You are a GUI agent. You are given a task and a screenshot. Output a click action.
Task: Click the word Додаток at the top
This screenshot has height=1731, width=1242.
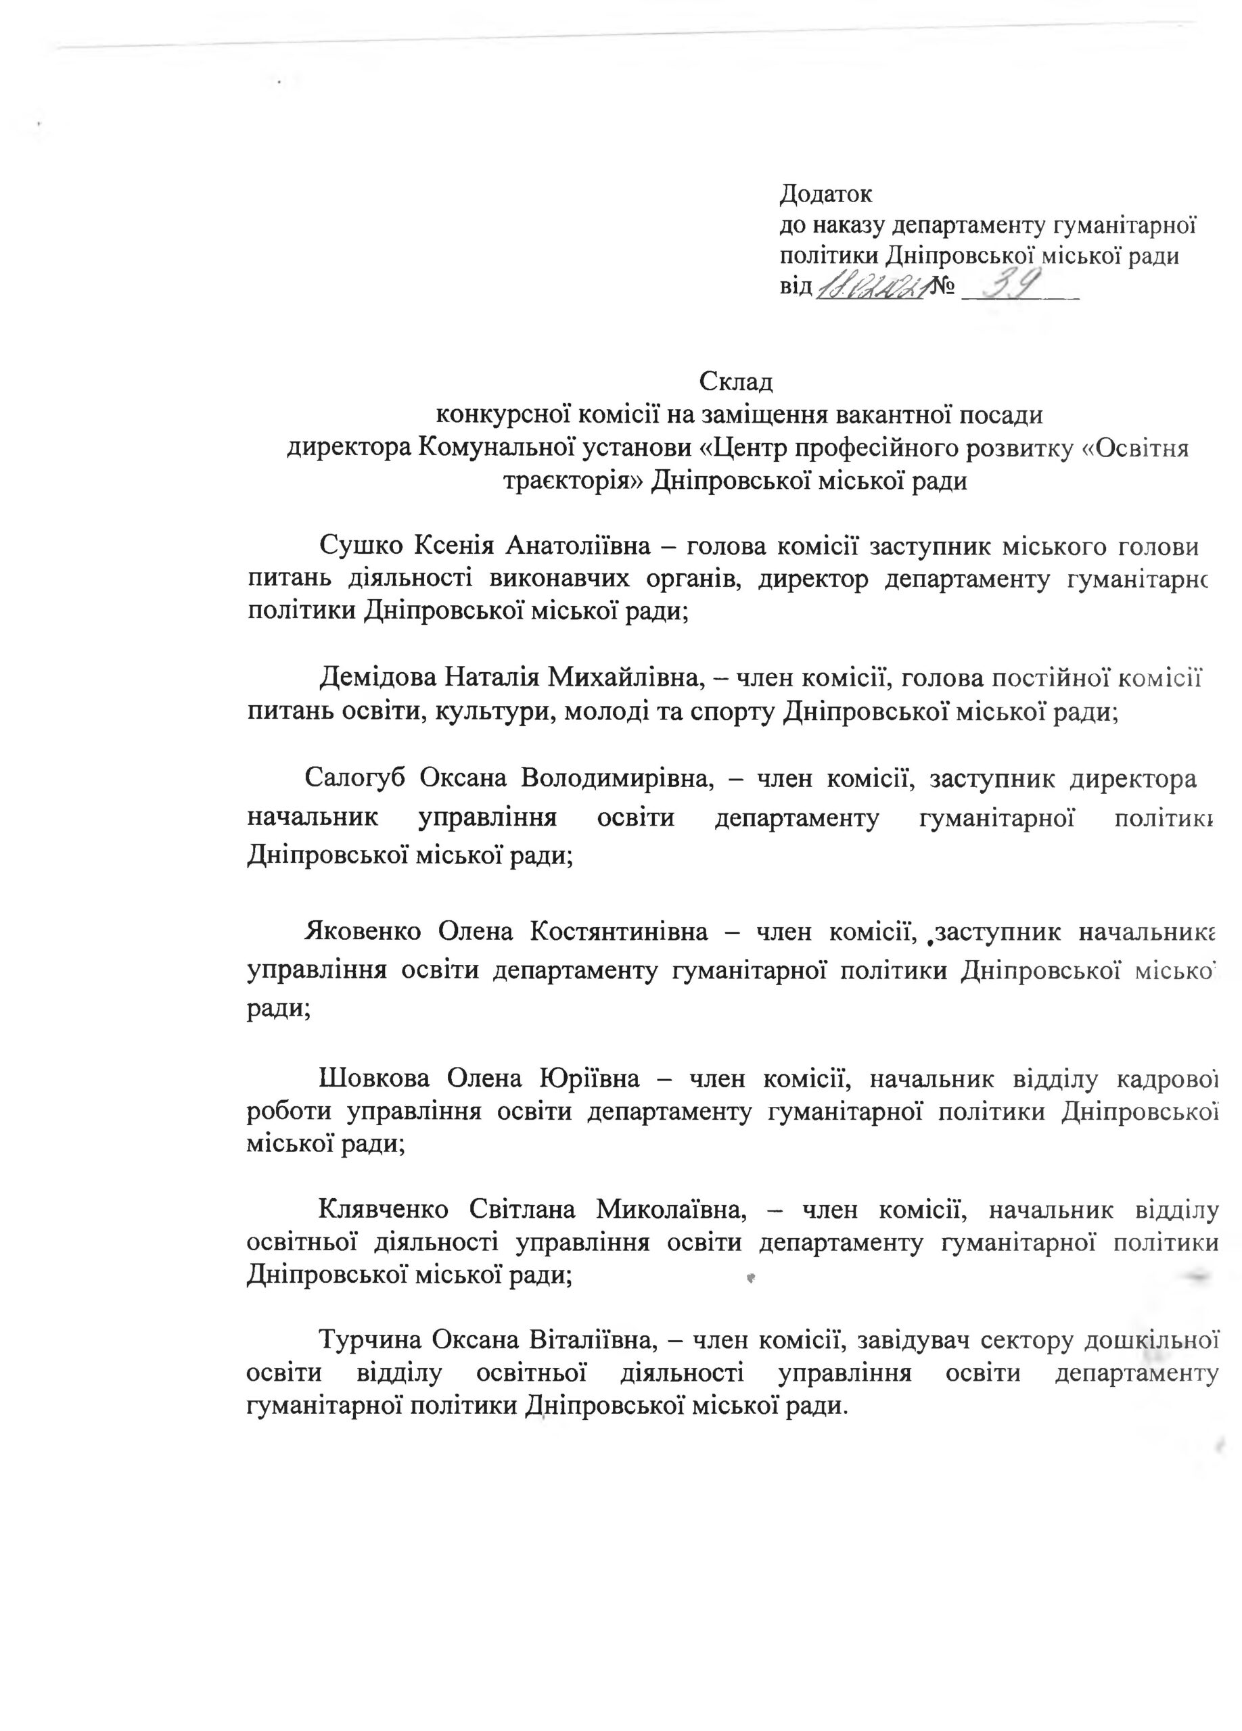(x=825, y=195)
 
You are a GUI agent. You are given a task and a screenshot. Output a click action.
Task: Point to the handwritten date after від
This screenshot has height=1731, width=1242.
(x=870, y=289)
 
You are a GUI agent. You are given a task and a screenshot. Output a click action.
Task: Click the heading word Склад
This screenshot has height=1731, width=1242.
(x=736, y=381)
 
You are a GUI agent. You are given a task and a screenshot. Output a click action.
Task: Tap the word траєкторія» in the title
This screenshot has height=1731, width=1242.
(x=572, y=481)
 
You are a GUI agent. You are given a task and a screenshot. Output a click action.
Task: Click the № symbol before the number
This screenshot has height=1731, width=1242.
(x=944, y=289)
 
